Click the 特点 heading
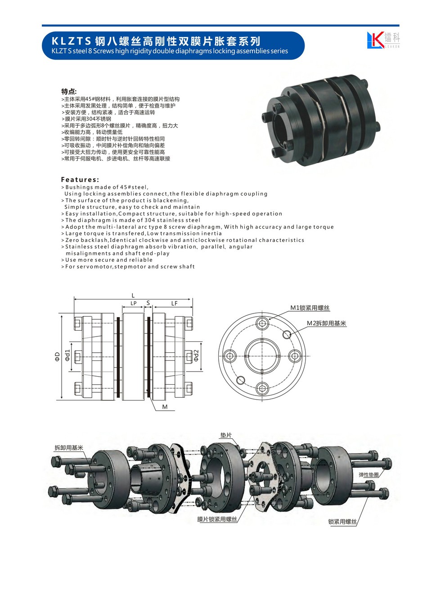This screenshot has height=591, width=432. tap(69, 91)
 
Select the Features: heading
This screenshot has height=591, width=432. tap(80, 180)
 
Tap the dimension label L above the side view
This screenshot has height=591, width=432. tap(133, 295)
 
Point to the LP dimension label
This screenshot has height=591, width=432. tap(134, 304)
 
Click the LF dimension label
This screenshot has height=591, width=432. tap(174, 304)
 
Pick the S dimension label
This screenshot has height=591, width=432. tap(148, 303)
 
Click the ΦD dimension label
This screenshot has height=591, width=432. tap(58, 356)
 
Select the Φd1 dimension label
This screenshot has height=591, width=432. tap(67, 355)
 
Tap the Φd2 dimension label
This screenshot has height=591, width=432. tap(196, 355)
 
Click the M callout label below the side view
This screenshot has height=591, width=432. tap(165, 407)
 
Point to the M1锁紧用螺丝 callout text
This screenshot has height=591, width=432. tap(310, 308)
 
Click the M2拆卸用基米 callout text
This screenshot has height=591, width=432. tap(326, 323)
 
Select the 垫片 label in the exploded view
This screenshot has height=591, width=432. tap(226, 435)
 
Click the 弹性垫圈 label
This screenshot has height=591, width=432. tap(369, 475)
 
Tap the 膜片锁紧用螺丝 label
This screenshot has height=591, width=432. tap(217, 519)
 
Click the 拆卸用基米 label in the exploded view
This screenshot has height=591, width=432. tap(69, 448)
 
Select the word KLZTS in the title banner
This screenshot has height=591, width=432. tap(71, 41)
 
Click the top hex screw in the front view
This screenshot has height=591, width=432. tap(262, 323)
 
